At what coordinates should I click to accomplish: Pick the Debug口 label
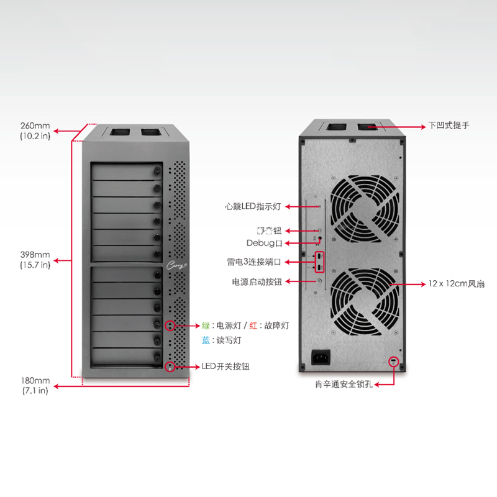(264, 242)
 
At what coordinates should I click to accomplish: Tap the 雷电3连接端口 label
(255, 262)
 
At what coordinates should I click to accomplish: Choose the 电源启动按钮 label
(257, 281)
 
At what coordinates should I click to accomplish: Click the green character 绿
(206, 325)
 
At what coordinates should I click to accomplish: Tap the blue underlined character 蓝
(206, 340)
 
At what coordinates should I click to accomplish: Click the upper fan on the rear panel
(364, 209)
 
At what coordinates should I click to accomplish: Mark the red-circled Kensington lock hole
(393, 362)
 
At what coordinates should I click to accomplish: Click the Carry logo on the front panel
(175, 265)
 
